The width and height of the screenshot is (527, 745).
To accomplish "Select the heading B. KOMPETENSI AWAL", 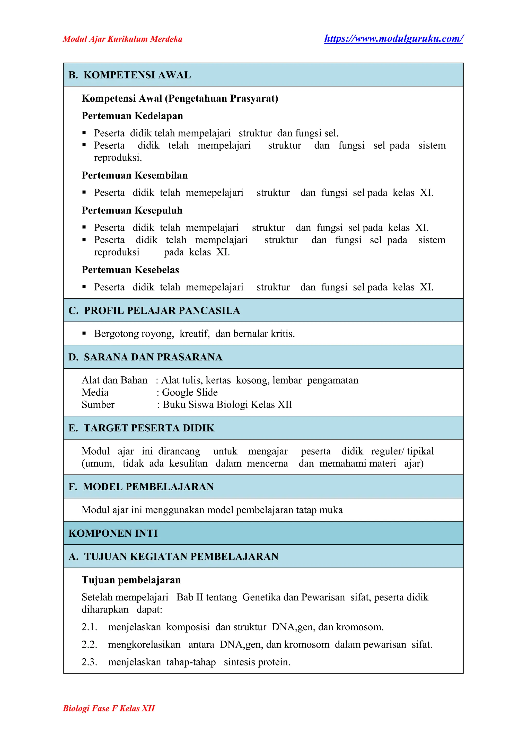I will pyautogui.click(x=129, y=75).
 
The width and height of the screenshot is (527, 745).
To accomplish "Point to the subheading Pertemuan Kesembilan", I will pyautogui.click(x=134, y=175).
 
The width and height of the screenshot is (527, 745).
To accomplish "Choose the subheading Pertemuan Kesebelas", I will pyautogui.click(x=130, y=270).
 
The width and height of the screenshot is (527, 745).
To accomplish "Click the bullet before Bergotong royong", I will pyautogui.click(x=84, y=333).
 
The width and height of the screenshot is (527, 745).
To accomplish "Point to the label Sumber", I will pyautogui.click(x=98, y=405).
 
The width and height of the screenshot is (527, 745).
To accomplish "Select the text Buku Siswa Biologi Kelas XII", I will pyautogui.click(x=227, y=405).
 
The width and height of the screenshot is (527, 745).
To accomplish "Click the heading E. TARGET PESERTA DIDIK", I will pyautogui.click(x=141, y=428).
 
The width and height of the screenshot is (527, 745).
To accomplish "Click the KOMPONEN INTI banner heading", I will pyautogui.click(x=113, y=533).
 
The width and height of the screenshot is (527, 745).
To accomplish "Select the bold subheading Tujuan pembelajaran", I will pyautogui.click(x=131, y=580).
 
